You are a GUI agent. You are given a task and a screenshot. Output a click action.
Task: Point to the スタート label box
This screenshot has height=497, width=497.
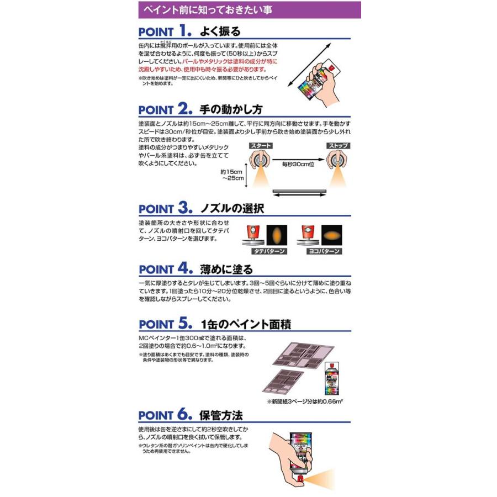point(261,146)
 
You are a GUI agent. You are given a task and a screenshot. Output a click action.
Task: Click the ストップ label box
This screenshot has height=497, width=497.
point(337,146)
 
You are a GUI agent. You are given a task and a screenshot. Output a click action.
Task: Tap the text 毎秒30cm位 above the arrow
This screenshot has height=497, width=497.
point(298,165)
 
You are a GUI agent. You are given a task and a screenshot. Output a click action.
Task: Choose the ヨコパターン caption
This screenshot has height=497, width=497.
point(322,251)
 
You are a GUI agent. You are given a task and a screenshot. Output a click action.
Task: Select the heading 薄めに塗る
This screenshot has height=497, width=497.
point(226,269)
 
